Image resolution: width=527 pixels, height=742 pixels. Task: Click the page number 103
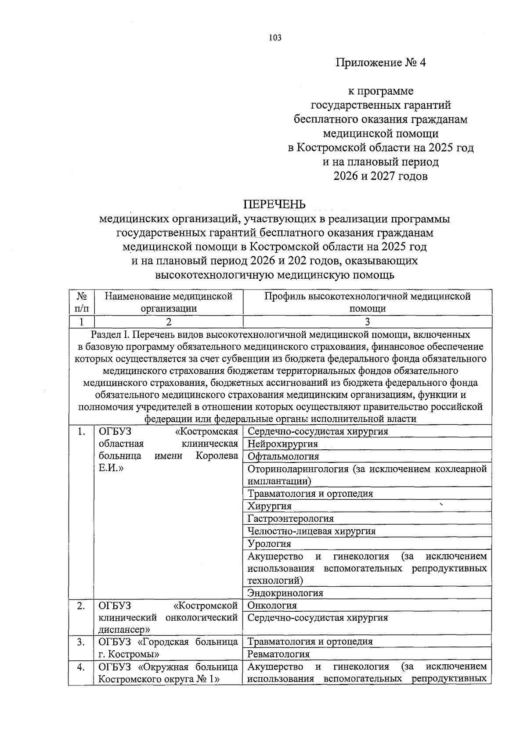pos(275,38)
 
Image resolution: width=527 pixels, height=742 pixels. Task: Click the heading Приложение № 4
pos(381,63)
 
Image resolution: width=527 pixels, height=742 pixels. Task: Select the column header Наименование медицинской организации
pos(168,302)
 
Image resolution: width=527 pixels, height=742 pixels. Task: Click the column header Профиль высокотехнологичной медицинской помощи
pos(367,302)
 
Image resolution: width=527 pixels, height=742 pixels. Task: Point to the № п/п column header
pos(81,302)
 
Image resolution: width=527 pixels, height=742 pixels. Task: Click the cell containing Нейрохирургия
pos(283,444)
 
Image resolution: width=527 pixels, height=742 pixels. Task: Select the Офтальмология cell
pos(283,456)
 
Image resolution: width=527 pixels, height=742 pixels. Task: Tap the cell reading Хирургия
pos(270,506)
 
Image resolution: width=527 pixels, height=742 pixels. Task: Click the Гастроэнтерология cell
pos(291,519)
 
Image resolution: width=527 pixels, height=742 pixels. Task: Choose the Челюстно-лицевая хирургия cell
pos(311,531)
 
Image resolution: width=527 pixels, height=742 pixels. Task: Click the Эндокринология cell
pos(285,593)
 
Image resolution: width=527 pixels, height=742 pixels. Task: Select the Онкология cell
pos(272,606)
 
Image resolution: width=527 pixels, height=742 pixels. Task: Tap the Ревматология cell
pos(278,654)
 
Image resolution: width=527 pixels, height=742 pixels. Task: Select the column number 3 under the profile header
pos(367,322)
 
